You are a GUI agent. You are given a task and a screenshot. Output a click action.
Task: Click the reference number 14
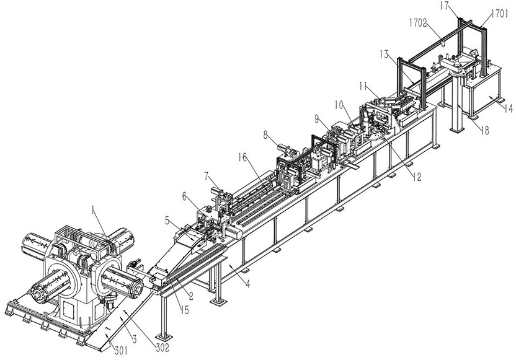508,109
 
